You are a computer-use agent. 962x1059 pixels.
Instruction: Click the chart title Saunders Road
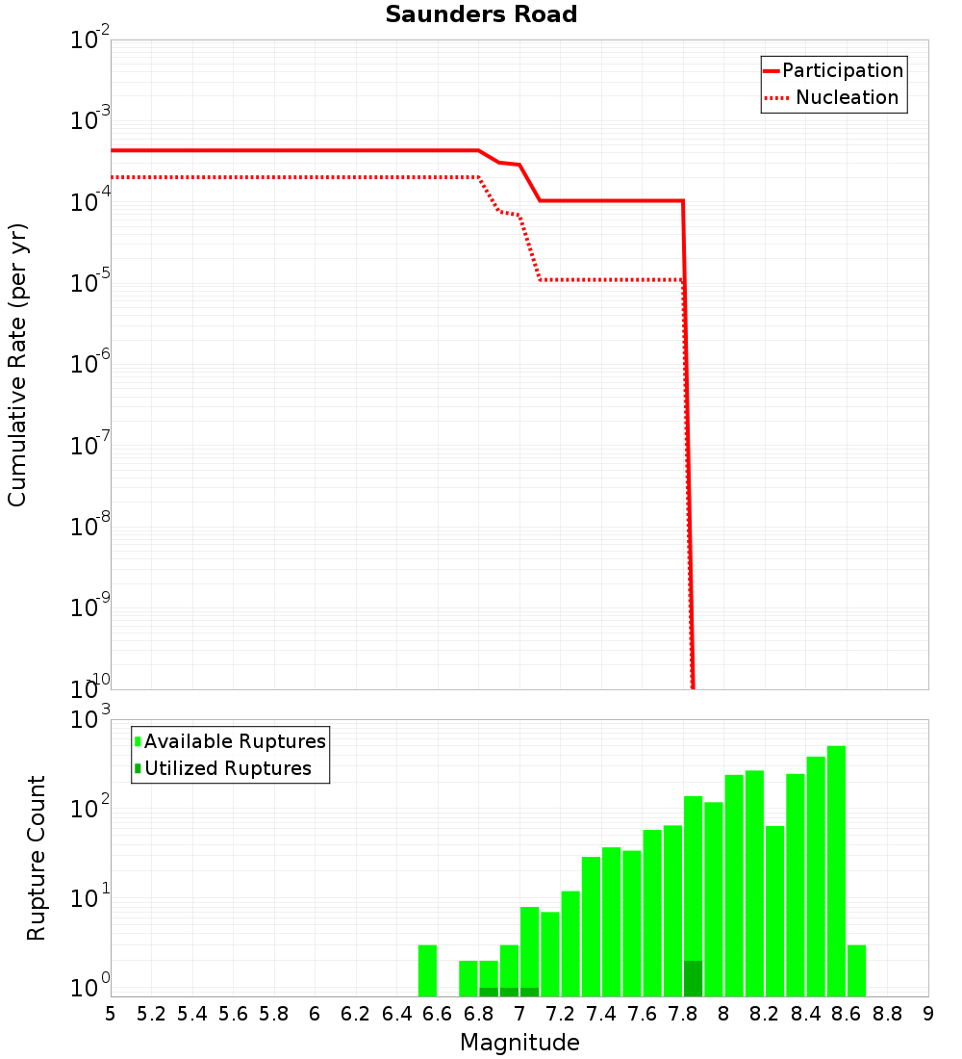(481, 15)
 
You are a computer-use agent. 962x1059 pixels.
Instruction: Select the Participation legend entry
(842, 71)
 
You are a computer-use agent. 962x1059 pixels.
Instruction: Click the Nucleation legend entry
(847, 98)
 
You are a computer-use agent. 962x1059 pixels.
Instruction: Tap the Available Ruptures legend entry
(235, 742)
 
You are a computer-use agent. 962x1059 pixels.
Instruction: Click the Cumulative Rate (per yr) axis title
(17, 365)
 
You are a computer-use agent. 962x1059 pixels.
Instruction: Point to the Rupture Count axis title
(37, 858)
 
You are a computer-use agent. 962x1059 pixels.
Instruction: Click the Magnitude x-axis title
(519, 1044)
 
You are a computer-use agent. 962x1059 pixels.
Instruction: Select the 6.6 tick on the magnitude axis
(438, 1014)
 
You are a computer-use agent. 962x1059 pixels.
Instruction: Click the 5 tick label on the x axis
(111, 1014)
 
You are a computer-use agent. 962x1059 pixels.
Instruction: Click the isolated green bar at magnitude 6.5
(428, 970)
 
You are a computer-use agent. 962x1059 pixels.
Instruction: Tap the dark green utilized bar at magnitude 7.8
(693, 978)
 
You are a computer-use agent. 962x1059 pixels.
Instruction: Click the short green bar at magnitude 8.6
(856, 970)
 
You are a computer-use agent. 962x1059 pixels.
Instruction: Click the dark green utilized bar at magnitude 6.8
(489, 992)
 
